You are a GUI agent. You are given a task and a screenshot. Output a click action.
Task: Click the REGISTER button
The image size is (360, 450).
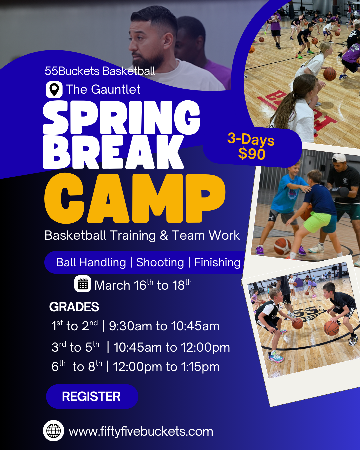pos(92,397)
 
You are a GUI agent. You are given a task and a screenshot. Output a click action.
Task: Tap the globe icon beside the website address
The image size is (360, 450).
pos(53,431)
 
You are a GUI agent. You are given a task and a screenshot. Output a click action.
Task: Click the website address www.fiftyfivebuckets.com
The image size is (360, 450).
pos(141,431)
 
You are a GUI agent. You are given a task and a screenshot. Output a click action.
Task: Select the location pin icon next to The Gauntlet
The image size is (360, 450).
pos(54,90)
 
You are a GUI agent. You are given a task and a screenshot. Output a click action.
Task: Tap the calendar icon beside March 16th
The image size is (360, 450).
pos(82,284)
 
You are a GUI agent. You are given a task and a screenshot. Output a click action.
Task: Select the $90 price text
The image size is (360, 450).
pos(252,154)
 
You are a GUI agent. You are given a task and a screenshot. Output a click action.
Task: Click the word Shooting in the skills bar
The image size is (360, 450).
pos(160,262)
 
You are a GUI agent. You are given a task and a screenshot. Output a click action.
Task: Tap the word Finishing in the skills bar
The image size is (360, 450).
pos(217,262)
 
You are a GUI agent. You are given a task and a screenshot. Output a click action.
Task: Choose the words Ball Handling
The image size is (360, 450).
pos(91,262)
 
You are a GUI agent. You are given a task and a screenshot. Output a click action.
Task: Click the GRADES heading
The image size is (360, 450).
pos(74,307)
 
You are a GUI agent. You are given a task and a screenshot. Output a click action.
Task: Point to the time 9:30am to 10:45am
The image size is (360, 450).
pos(164,326)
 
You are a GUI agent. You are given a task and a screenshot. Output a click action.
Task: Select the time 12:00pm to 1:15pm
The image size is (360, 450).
pos(166,367)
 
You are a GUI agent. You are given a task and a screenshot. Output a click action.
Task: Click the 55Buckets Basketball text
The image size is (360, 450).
pos(100,71)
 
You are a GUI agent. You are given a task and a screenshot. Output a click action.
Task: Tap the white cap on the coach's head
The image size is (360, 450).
pos(339,158)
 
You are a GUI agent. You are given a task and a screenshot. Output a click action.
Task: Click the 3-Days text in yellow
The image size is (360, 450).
pos(251,139)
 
